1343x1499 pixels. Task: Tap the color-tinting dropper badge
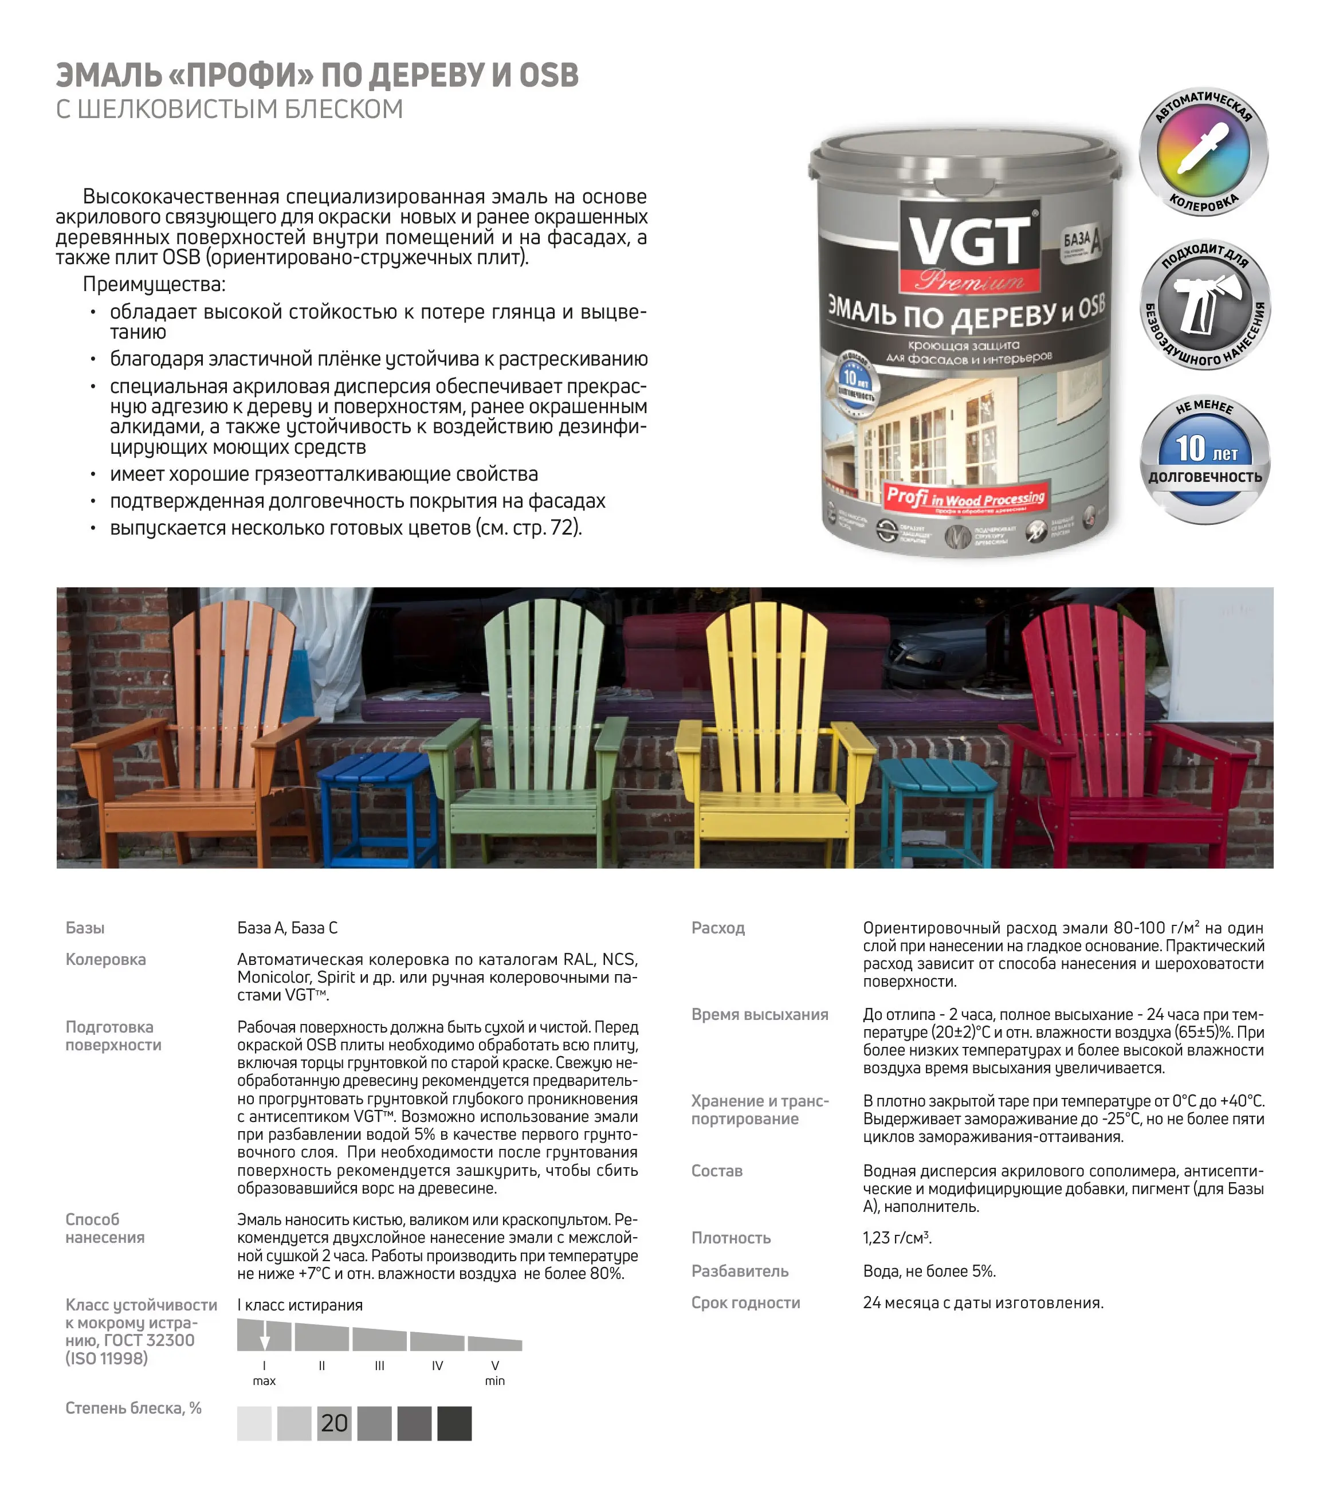[x=1204, y=152]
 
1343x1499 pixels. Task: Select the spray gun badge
[x=1205, y=304]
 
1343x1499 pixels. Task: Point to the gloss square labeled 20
[x=334, y=1422]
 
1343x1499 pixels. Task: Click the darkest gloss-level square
[x=454, y=1422]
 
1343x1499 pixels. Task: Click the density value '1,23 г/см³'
[x=897, y=1238]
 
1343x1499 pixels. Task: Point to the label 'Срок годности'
[x=745, y=1302]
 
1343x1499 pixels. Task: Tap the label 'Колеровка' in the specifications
[x=105, y=959]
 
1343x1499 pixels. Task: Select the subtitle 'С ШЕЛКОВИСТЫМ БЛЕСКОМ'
[x=230, y=109]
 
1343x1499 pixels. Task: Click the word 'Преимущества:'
[x=154, y=284]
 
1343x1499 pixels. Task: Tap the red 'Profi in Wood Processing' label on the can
[x=965, y=497]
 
